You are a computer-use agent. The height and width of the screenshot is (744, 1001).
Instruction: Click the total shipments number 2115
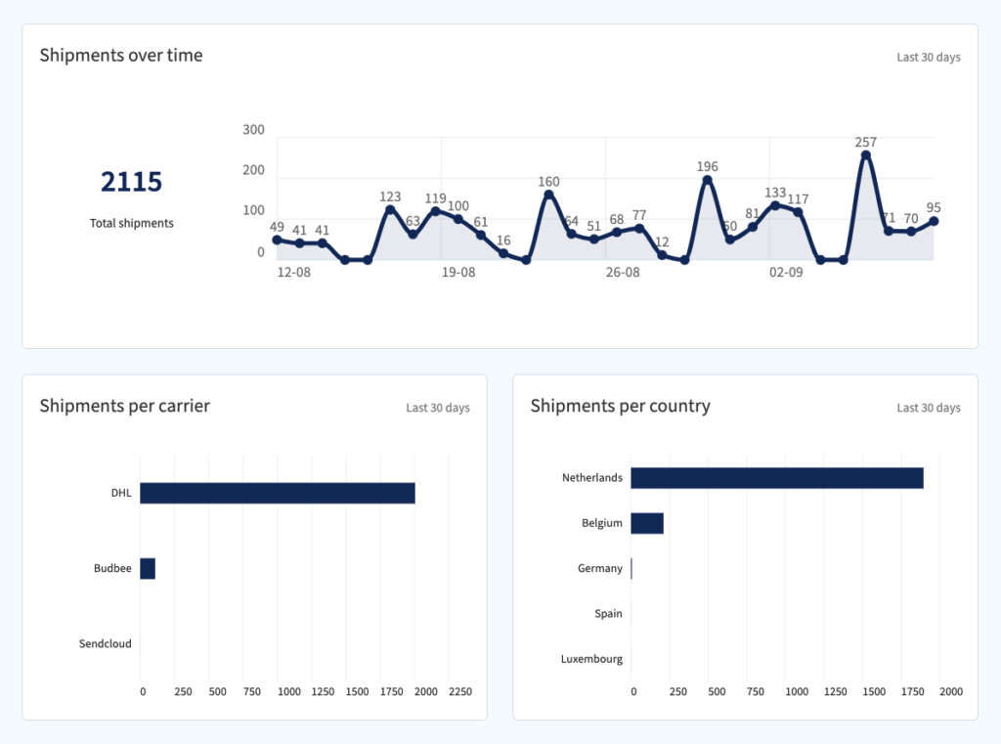[131, 182]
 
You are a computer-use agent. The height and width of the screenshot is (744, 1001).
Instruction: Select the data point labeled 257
[865, 155]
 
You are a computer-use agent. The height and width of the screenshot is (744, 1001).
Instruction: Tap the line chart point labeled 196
[707, 180]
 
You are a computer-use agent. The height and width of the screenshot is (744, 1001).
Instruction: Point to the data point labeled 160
[548, 195]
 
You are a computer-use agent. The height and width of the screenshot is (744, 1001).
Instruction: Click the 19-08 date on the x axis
[457, 273]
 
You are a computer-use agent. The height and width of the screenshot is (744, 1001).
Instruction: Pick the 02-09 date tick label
[786, 273]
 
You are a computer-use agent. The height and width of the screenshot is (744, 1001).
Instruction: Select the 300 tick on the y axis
[253, 130]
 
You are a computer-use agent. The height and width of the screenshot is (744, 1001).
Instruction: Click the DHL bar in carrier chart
[277, 493]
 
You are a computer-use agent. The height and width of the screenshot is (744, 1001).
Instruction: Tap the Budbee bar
[148, 568]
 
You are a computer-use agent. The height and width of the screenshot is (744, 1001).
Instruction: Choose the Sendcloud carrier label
[105, 644]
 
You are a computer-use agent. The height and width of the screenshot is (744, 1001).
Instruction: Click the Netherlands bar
[776, 478]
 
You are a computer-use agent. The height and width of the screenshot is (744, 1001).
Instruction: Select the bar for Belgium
[646, 523]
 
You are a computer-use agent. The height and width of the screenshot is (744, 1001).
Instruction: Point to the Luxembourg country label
[591, 659]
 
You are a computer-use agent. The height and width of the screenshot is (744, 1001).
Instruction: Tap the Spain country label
[608, 614]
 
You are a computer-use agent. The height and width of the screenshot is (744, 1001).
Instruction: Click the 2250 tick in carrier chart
[459, 692]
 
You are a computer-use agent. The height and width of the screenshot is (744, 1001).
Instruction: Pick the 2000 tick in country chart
[950, 692]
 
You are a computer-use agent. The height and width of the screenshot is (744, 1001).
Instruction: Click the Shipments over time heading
[121, 56]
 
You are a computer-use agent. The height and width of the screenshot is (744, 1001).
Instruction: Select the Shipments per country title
[620, 406]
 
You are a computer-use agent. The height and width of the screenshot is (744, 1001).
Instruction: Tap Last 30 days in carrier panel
[437, 408]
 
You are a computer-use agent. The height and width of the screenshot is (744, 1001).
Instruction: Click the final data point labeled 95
[934, 221]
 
